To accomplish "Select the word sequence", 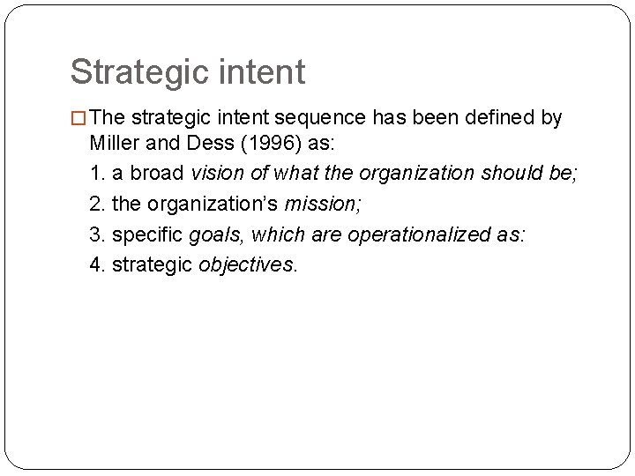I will point(327,119).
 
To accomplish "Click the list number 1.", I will point(95,172).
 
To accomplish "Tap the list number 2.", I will point(95,204).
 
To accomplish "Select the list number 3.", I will point(95,234).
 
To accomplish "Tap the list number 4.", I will point(95,265).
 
